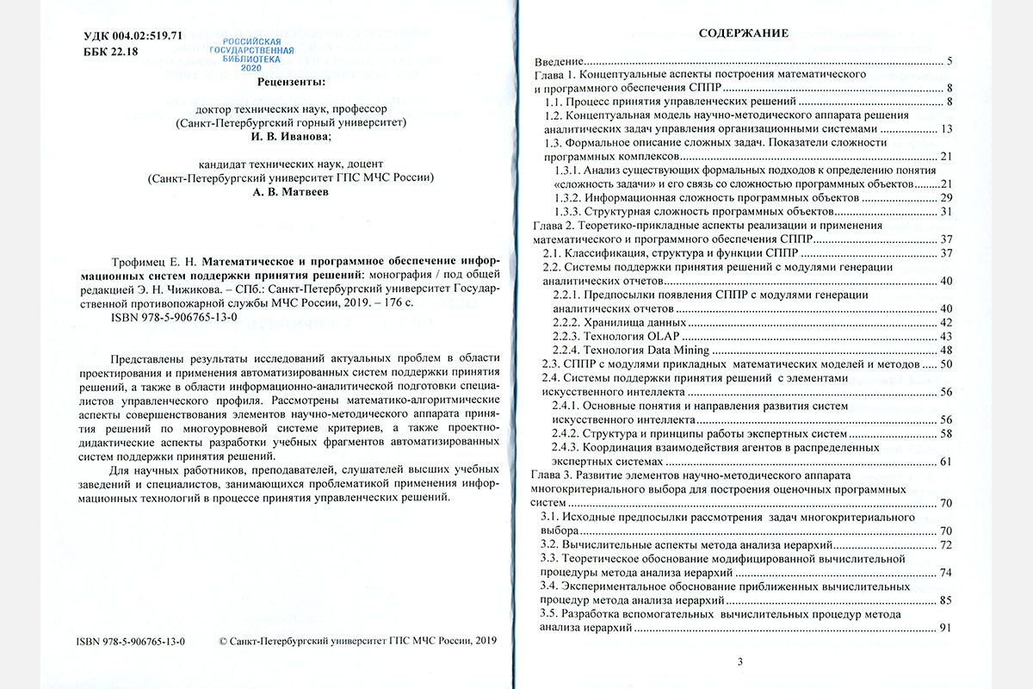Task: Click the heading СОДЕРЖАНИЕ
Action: coord(743,34)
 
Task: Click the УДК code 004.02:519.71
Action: coord(140,35)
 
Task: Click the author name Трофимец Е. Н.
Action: coord(154,258)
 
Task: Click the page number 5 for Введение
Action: coord(948,61)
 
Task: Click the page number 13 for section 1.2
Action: coord(945,129)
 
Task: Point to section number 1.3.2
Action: coord(569,198)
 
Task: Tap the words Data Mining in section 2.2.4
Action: coord(677,351)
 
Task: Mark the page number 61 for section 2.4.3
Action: coord(945,462)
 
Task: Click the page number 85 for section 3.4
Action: coord(945,599)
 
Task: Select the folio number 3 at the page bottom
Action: coord(741,661)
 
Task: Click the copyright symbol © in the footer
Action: coord(225,642)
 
